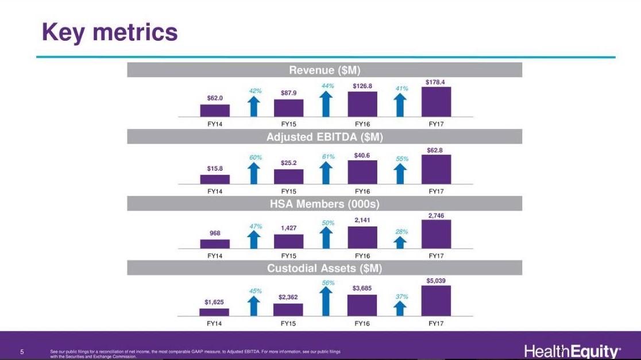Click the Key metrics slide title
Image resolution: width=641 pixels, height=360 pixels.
[110, 32]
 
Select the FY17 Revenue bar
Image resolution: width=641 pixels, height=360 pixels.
[436, 102]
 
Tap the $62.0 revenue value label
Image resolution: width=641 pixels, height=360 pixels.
[215, 98]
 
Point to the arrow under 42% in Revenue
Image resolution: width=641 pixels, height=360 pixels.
[254, 106]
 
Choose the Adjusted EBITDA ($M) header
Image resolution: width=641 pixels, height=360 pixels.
[325, 137]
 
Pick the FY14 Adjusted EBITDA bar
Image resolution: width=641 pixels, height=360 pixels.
[215, 179]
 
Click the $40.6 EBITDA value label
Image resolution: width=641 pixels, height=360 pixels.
[362, 154]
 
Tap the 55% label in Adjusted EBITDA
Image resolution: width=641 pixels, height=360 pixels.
[402, 158]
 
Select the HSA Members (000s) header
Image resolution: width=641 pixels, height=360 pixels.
[325, 204]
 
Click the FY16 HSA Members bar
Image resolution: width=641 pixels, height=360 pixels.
[362, 237]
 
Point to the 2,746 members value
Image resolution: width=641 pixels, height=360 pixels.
[436, 215]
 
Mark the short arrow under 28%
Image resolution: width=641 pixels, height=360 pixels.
[401, 242]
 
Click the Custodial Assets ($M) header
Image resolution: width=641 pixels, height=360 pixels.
[325, 268]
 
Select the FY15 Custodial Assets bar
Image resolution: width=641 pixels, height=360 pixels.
[288, 309]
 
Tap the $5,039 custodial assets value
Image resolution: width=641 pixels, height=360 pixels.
[436, 281]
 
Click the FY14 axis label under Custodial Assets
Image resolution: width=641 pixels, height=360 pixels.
[214, 323]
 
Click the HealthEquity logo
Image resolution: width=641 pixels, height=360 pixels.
[572, 351]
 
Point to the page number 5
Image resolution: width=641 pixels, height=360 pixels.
[22, 351]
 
